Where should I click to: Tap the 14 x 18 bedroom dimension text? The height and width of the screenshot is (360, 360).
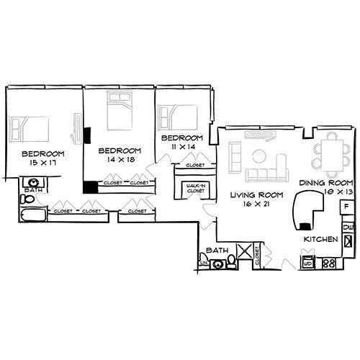(x=120, y=159)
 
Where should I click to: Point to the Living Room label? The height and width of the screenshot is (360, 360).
(x=254, y=195)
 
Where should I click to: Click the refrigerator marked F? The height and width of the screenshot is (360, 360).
(x=347, y=207)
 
